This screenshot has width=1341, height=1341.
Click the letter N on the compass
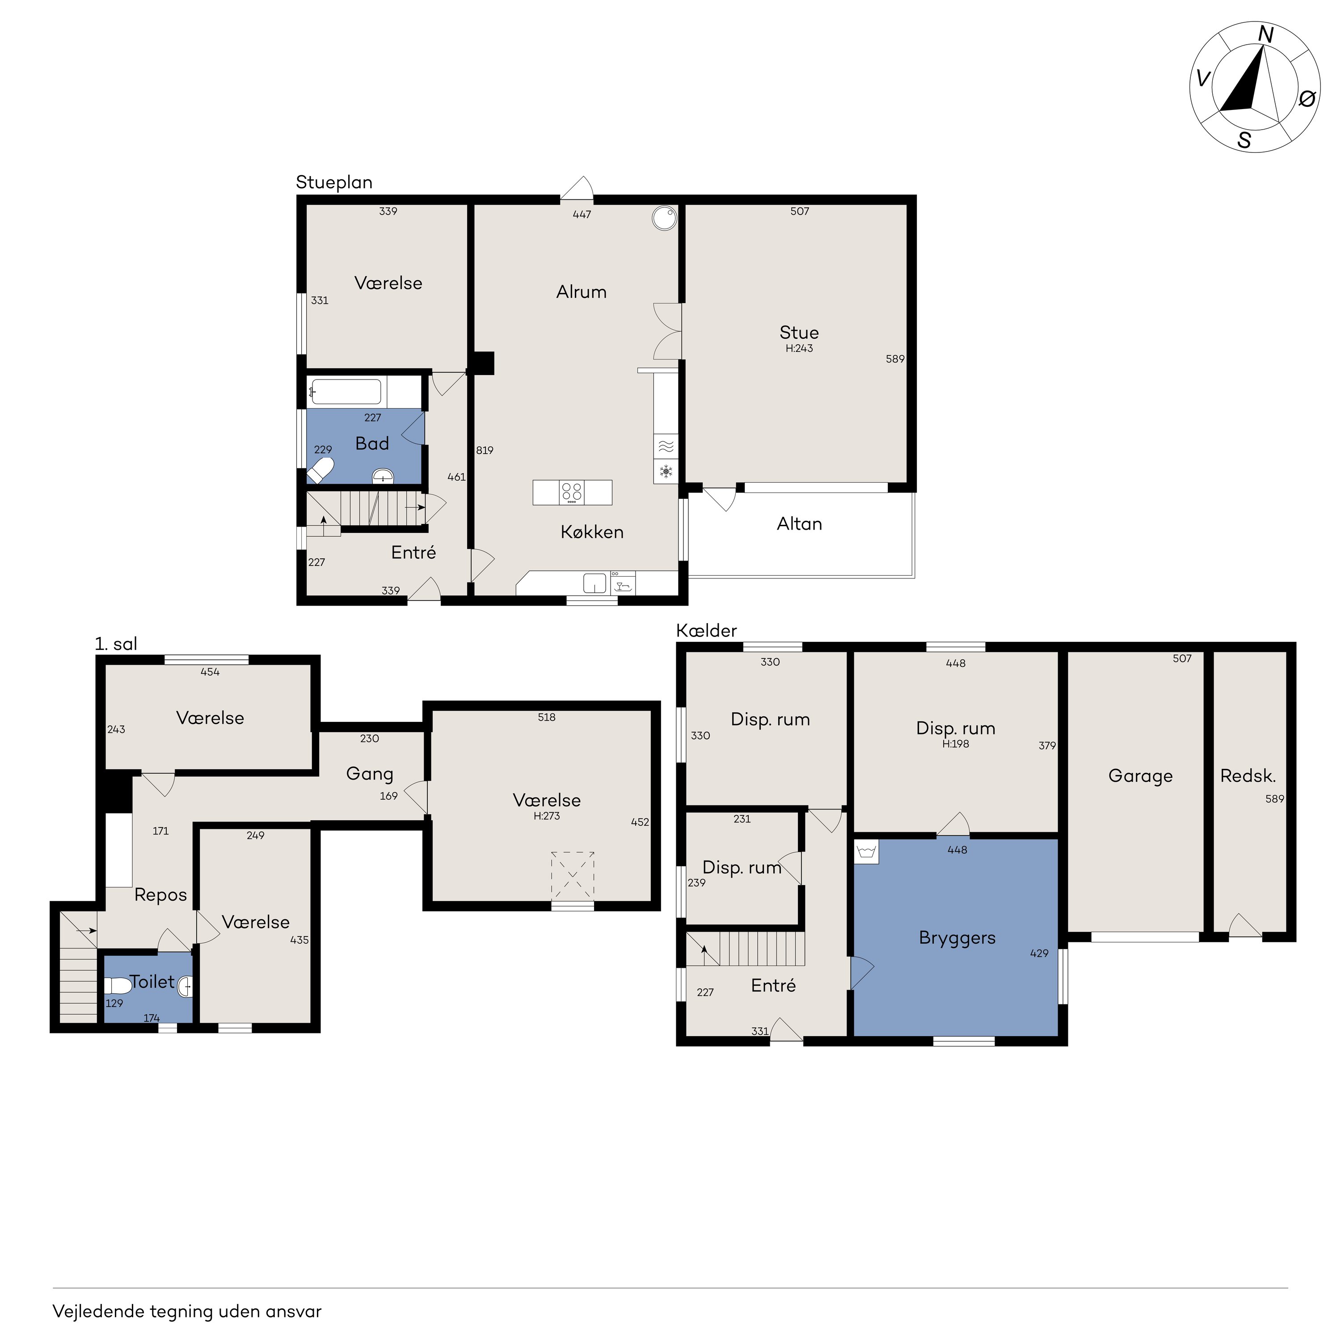coord(1266,35)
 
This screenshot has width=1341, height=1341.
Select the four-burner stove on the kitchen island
coord(572,493)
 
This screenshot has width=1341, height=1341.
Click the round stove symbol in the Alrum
coord(664,217)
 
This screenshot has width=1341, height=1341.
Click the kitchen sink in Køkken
coord(594,583)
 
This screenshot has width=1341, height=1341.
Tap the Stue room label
coord(799,333)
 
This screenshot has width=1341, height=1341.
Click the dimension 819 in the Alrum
coord(485,451)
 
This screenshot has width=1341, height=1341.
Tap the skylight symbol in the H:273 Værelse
coord(573,877)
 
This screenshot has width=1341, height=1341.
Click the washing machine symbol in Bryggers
coord(867,852)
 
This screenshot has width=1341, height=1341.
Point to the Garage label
coord(1140,776)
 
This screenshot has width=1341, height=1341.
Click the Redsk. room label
coord(1248,776)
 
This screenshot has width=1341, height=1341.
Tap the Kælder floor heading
coord(707,631)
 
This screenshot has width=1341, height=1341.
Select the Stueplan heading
coord(334,182)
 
